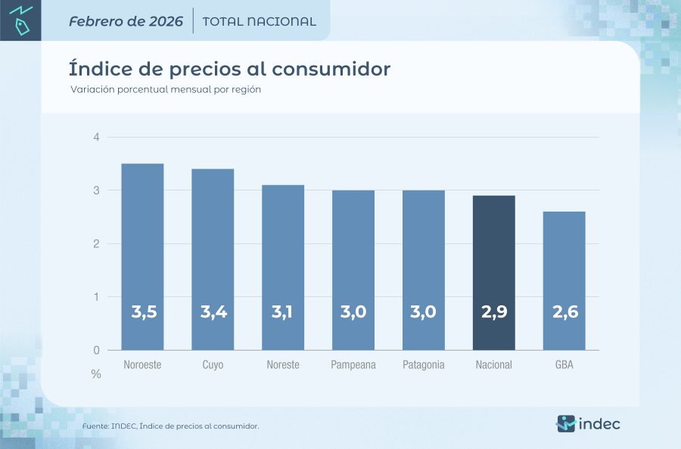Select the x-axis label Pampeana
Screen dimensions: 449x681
(353, 365)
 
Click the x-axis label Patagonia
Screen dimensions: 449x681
(424, 365)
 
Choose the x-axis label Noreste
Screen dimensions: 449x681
(283, 365)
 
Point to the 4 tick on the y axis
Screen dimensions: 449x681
(96, 137)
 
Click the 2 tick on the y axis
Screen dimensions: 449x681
(96, 243)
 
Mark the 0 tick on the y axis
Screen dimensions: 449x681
(96, 350)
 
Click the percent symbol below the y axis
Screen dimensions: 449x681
(96, 374)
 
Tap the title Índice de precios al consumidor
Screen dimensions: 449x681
(229, 69)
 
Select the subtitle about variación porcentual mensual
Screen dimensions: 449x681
(166, 89)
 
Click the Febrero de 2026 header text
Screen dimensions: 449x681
(126, 21)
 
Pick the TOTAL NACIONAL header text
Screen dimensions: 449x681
(260, 21)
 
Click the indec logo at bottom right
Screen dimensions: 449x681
(588, 423)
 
